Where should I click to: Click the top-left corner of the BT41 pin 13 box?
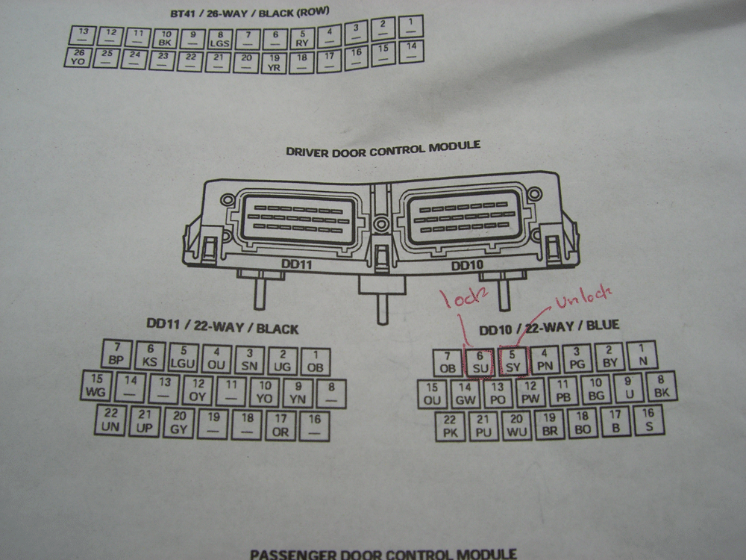coord(69,27)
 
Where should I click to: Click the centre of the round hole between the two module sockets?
coord(380,224)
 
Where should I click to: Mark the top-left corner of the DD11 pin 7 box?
coord(104,339)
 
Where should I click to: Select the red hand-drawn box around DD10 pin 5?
coord(513,361)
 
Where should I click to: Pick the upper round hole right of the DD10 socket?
coord(535,194)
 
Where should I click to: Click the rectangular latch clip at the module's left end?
coord(209,249)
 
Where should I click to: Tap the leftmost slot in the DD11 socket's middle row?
coord(253,217)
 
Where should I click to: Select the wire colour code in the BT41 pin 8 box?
coord(220,43)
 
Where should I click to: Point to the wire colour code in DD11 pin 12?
coord(198,396)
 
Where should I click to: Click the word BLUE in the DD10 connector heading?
coord(603,326)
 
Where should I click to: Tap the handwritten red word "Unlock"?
coord(583,296)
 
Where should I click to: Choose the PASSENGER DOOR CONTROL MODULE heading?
coord(383,554)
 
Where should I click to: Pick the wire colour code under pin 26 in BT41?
coord(78,61)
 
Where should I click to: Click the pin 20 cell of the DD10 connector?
coord(516,426)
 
